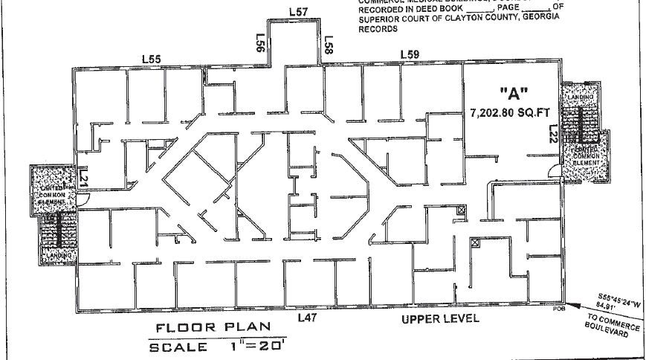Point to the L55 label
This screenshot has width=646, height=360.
pyautogui.click(x=152, y=58)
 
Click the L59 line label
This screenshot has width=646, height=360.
pyautogui.click(x=410, y=54)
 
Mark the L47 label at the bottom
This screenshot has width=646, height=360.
pyautogui.click(x=308, y=318)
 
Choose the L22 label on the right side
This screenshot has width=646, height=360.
pyautogui.click(x=553, y=134)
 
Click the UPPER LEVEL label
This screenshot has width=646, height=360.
pyautogui.click(x=440, y=319)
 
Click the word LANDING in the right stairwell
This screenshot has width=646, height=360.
pyautogui.click(x=581, y=97)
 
